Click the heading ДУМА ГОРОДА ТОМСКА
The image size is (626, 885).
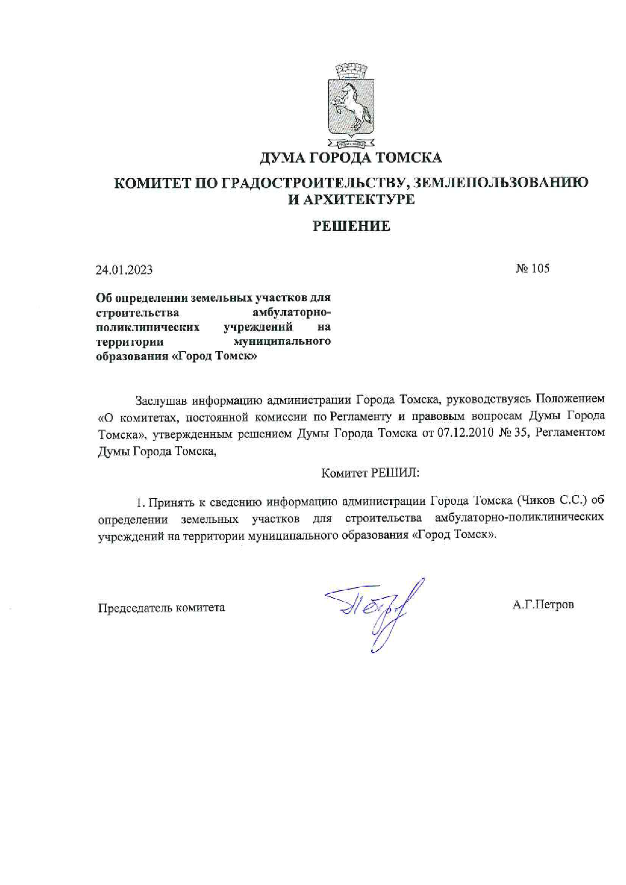tap(350, 158)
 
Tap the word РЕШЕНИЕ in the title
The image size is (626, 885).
tap(351, 226)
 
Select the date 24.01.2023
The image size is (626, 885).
tap(124, 270)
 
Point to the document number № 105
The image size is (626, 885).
tap(533, 269)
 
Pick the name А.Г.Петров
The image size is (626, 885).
tap(543, 604)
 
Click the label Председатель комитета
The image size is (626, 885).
tap(162, 607)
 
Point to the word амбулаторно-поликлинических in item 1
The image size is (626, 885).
tap(519, 518)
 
